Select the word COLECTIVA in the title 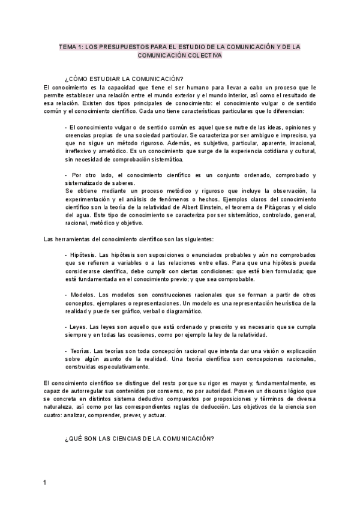tap(205, 55)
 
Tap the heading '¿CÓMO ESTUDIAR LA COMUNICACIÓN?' tap(124, 79)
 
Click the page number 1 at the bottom tap(46, 483)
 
